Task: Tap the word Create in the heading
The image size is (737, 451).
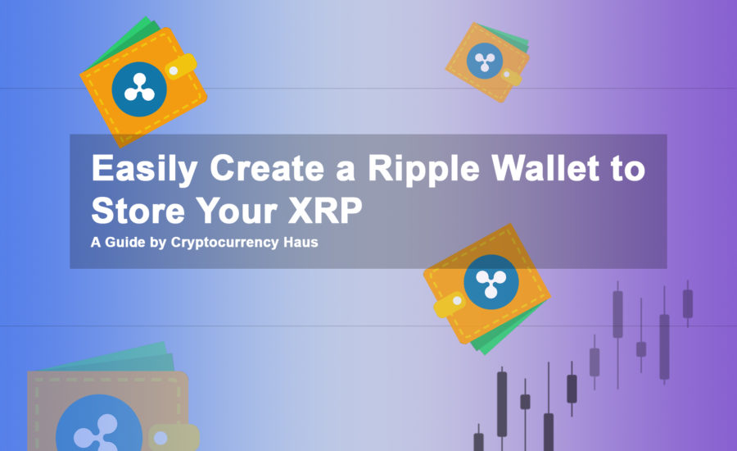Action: point(267,168)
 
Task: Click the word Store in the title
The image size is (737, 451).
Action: point(138,210)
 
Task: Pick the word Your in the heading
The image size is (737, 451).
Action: point(237,210)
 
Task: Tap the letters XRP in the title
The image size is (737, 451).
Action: point(325,210)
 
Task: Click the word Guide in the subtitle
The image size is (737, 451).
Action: point(125,242)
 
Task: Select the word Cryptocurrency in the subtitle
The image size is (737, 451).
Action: point(224,243)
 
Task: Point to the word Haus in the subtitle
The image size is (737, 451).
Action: point(301,242)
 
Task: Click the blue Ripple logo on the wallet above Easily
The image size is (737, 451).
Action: point(139,89)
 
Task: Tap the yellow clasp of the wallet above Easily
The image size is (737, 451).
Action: point(180,67)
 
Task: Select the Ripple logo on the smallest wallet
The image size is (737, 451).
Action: point(485,61)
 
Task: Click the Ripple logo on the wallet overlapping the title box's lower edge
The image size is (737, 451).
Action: point(491,281)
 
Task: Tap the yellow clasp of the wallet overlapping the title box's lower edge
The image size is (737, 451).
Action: point(450,304)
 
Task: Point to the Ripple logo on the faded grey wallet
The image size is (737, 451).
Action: point(99,424)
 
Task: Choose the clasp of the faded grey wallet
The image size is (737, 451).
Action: point(173,437)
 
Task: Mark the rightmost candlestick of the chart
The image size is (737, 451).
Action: point(688,303)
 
